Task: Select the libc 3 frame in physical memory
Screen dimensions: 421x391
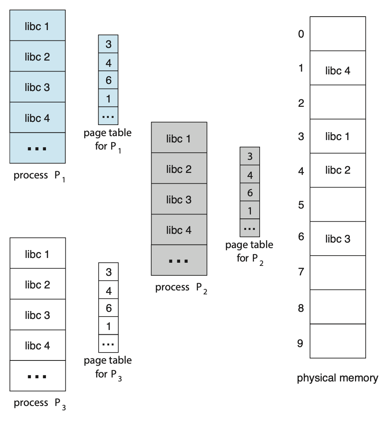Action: pos(338,239)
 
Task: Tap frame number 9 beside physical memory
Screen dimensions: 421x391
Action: pos(300,343)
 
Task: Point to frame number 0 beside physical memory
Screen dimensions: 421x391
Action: pos(301,34)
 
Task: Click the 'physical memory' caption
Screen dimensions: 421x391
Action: pos(338,378)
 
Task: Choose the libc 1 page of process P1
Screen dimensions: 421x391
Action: pos(38,26)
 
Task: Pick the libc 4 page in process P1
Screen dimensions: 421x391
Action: pos(38,118)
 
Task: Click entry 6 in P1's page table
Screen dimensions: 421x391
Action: pos(108,80)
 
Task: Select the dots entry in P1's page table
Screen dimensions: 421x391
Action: pos(108,116)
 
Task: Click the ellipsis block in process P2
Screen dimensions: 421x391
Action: pos(179,261)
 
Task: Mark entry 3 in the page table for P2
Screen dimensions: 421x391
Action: pos(250,156)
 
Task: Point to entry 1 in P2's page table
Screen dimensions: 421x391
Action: pos(250,210)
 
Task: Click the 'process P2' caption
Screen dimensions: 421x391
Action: pos(181,288)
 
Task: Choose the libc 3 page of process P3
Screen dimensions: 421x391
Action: pos(38,315)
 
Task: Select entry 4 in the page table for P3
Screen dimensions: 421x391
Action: pos(108,291)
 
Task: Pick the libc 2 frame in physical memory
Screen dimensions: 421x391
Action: pos(338,170)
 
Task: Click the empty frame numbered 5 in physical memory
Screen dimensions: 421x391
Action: pos(338,204)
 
